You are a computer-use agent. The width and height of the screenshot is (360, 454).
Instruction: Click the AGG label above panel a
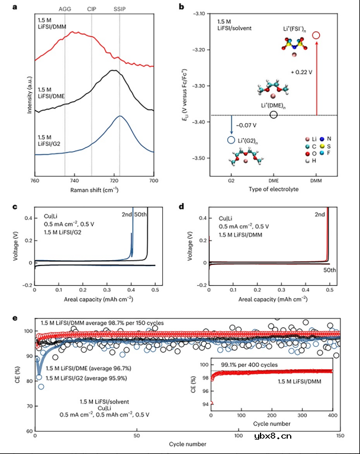(x=65, y=9)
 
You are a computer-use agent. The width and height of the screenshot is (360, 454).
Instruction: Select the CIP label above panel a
(x=91, y=9)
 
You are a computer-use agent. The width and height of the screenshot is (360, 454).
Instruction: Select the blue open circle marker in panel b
(x=230, y=140)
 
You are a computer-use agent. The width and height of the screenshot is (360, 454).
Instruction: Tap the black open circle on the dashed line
(x=274, y=114)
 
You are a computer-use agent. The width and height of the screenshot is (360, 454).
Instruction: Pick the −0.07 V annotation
(x=245, y=126)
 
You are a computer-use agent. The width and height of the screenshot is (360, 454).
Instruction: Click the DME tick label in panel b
(x=274, y=180)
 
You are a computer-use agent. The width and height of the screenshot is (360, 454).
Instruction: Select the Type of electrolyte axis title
(x=274, y=189)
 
